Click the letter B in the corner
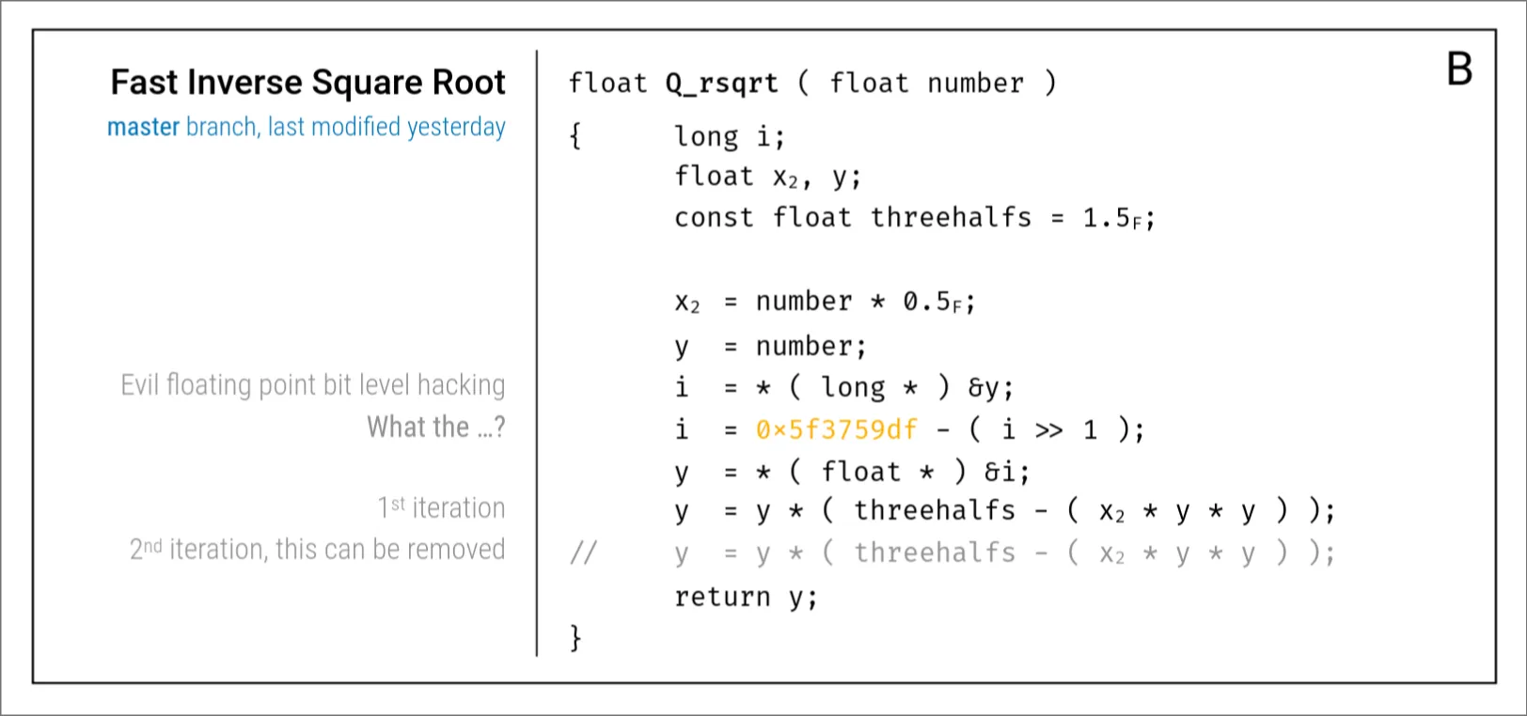point(1459,69)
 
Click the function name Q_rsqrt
point(721,84)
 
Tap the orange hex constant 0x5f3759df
point(836,429)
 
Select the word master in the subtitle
point(143,127)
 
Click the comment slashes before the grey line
point(583,553)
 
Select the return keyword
point(721,597)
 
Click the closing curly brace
point(575,638)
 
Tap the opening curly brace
point(575,136)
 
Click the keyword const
point(714,218)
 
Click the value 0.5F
point(936,302)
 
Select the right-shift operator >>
point(1048,430)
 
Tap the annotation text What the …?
point(435,428)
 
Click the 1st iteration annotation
point(441,508)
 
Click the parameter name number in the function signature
point(975,84)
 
